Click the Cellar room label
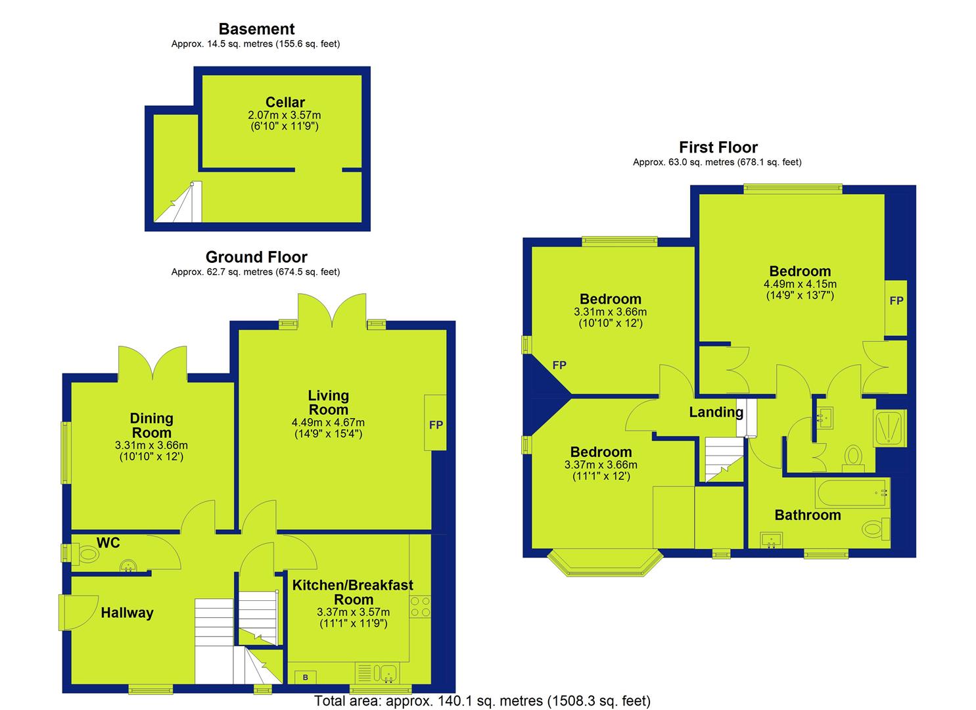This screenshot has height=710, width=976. coord(285,103)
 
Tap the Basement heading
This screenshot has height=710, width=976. coord(256,29)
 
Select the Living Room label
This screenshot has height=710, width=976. coord(329,402)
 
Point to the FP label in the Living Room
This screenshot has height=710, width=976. coord(436,425)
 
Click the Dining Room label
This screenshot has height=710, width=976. coord(152,425)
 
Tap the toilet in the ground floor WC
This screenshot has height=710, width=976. coord(85,554)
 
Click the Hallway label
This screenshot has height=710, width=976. coord(128,613)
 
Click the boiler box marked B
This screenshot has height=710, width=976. coord(306,677)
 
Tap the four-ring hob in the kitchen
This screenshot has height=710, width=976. coord(420,607)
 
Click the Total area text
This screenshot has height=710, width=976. coord(482,701)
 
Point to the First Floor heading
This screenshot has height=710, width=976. coord(718,147)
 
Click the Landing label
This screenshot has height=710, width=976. coord(716,412)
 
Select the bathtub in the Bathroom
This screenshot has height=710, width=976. coord(852,493)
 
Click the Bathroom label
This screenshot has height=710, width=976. coord(807,515)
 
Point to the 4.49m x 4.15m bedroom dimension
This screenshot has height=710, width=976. coord(800,284)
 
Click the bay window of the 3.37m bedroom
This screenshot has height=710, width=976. coord(605,562)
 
